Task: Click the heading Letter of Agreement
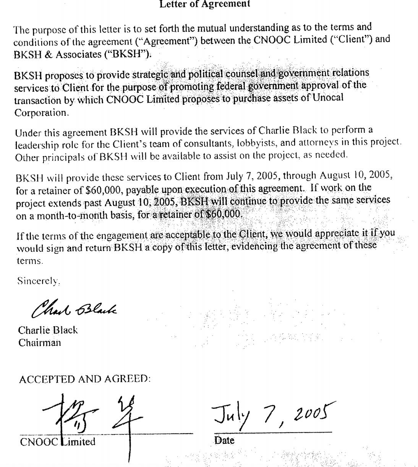[204, 4]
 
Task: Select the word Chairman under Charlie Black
[39, 343]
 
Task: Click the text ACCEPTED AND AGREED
[84, 379]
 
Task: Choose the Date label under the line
[224, 440]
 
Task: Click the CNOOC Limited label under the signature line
[57, 442]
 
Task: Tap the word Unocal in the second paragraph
[328, 98]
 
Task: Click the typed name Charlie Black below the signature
[48, 330]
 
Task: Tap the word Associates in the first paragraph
[79, 55]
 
